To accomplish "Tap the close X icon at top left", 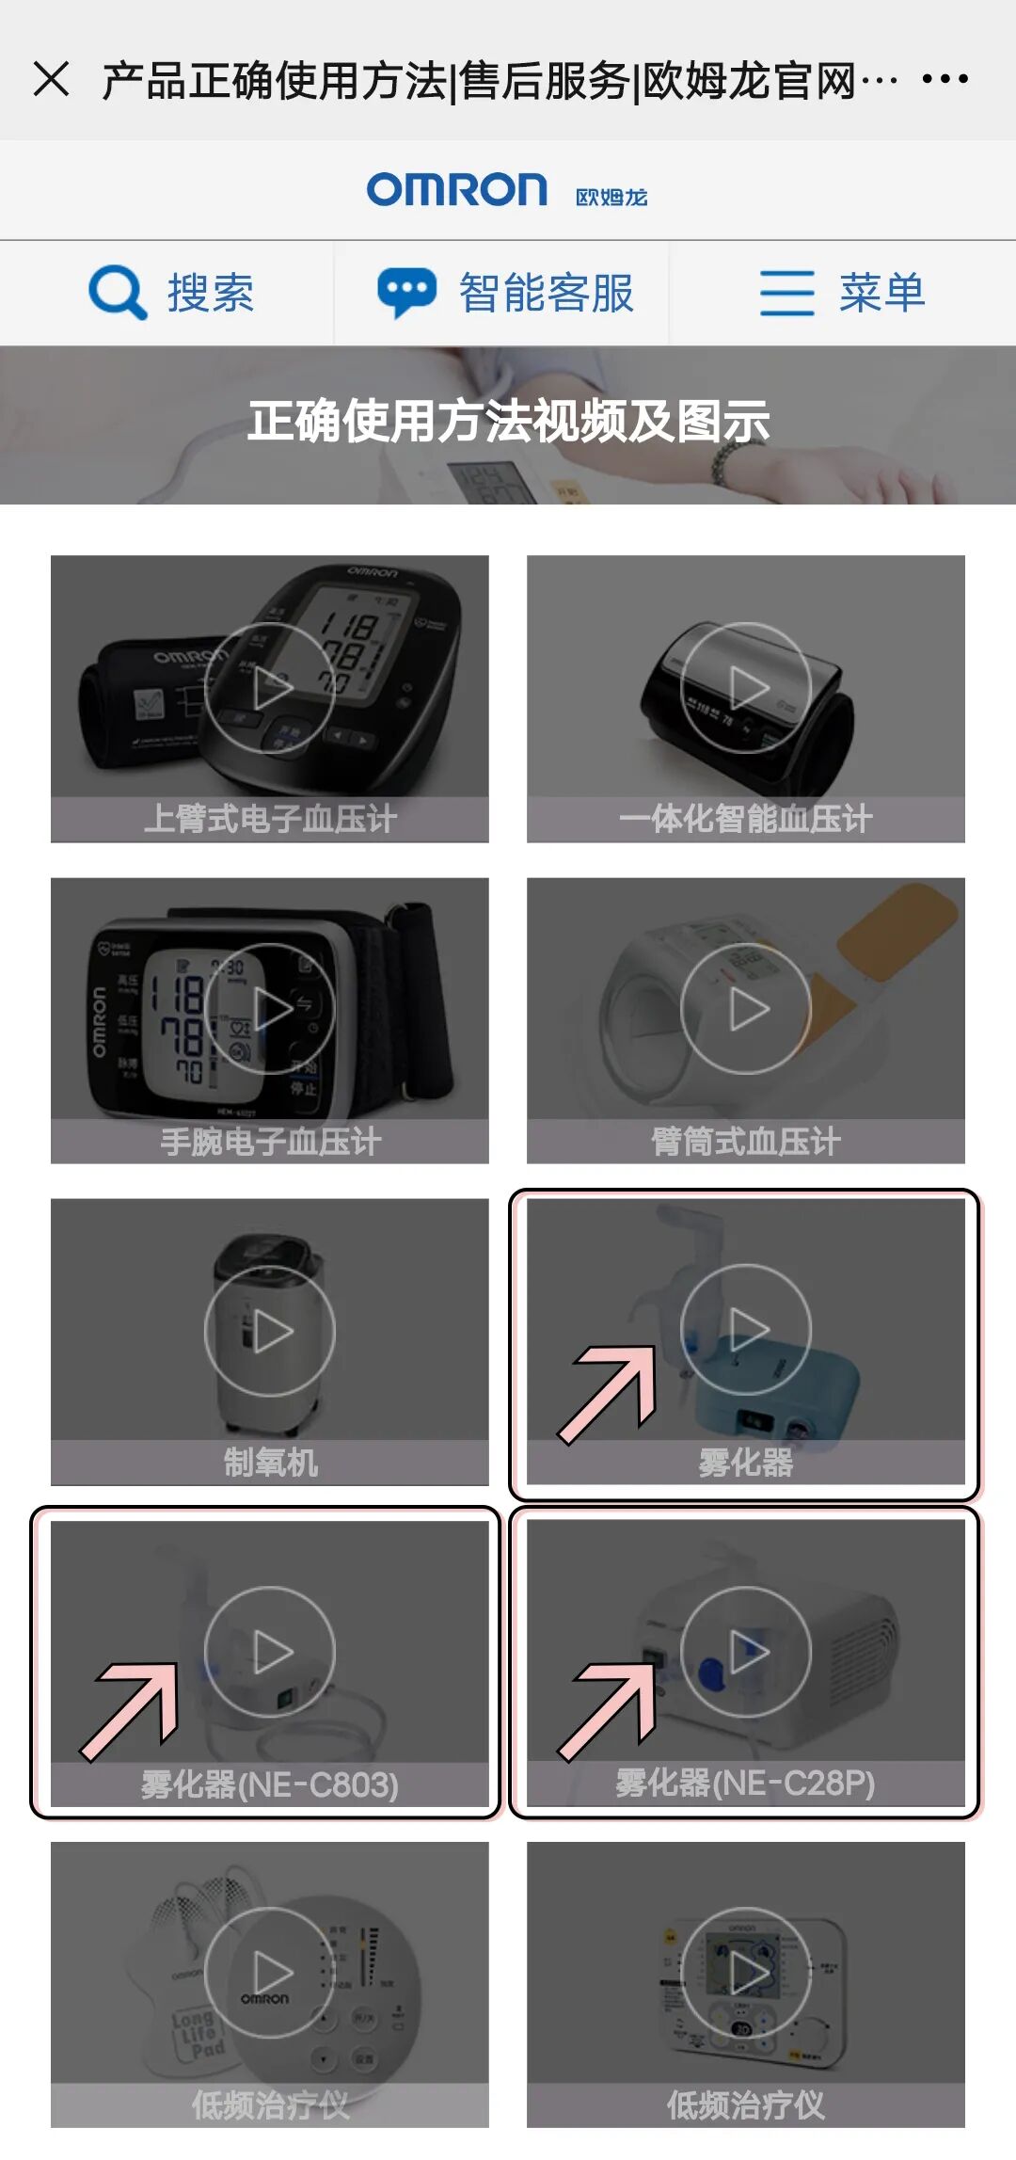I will [x=51, y=79].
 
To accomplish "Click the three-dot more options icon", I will [x=945, y=79].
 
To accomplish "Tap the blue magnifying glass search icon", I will [x=118, y=293].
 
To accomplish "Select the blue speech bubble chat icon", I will [x=406, y=293].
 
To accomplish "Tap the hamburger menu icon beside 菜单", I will [x=786, y=293].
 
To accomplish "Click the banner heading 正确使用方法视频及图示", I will [x=508, y=421].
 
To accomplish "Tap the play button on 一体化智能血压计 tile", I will [x=746, y=688].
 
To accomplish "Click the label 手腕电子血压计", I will [x=270, y=1142].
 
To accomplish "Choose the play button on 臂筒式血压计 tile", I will [x=746, y=1009].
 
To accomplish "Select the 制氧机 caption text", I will [x=270, y=1463].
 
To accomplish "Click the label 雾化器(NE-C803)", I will [x=270, y=1784].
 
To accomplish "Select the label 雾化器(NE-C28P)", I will [x=746, y=1783].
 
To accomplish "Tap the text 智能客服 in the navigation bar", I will [x=546, y=293].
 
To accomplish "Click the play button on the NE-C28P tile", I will [x=746, y=1652].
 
